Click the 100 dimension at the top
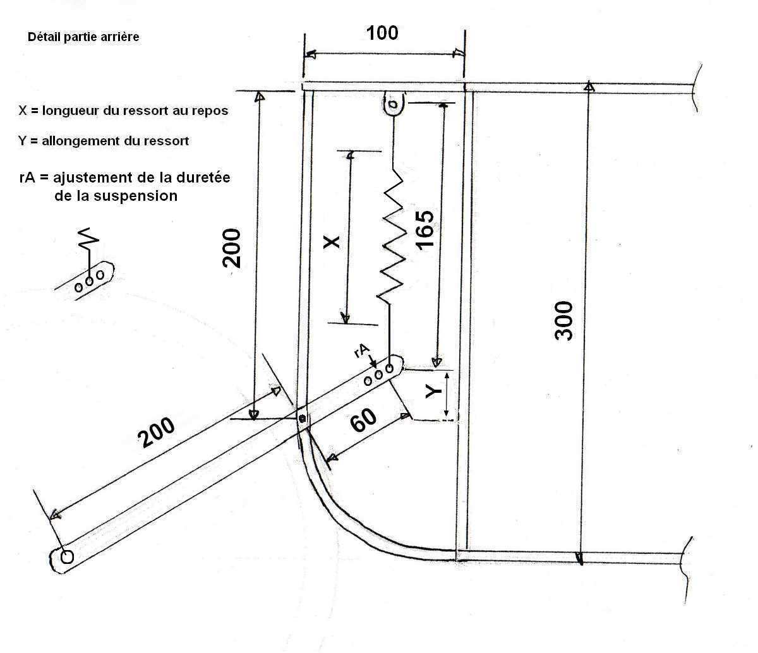(383, 33)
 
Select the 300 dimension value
(564, 321)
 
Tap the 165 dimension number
(423, 230)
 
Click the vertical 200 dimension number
(232, 248)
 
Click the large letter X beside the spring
(332, 241)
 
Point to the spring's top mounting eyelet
(394, 104)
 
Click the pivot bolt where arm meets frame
(303, 419)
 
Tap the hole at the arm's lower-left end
(66, 556)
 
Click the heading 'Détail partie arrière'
(83, 37)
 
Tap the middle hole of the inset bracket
(90, 280)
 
